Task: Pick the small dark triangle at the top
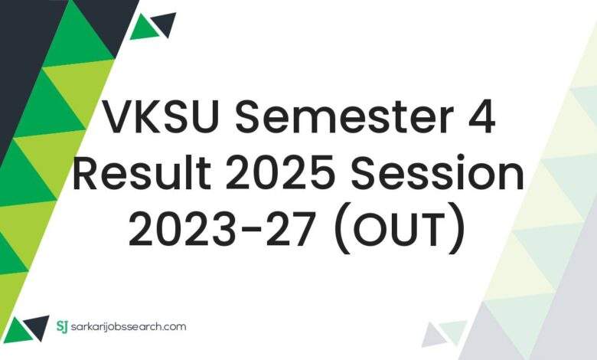165,23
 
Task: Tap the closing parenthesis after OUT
458,230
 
